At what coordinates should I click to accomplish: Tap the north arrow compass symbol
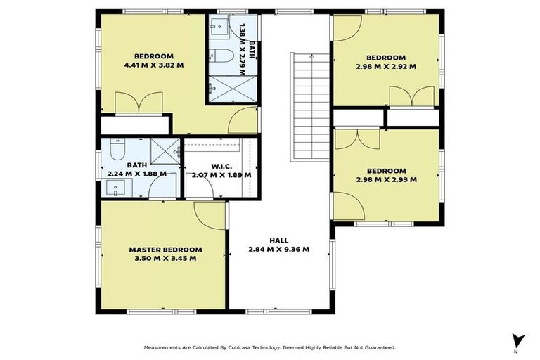tap(518, 340)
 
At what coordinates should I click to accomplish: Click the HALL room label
tap(279, 240)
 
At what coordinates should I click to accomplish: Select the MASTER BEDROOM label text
tap(165, 250)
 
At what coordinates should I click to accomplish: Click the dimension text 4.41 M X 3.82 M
tap(154, 65)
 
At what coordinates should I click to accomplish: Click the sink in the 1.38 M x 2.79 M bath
tap(217, 30)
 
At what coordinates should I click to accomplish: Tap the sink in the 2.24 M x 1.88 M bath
tap(117, 188)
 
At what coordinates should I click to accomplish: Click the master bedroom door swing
tap(209, 214)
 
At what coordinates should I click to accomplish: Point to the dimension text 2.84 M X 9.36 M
tap(279, 249)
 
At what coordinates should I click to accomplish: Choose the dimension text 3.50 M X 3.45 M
tap(165, 259)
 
